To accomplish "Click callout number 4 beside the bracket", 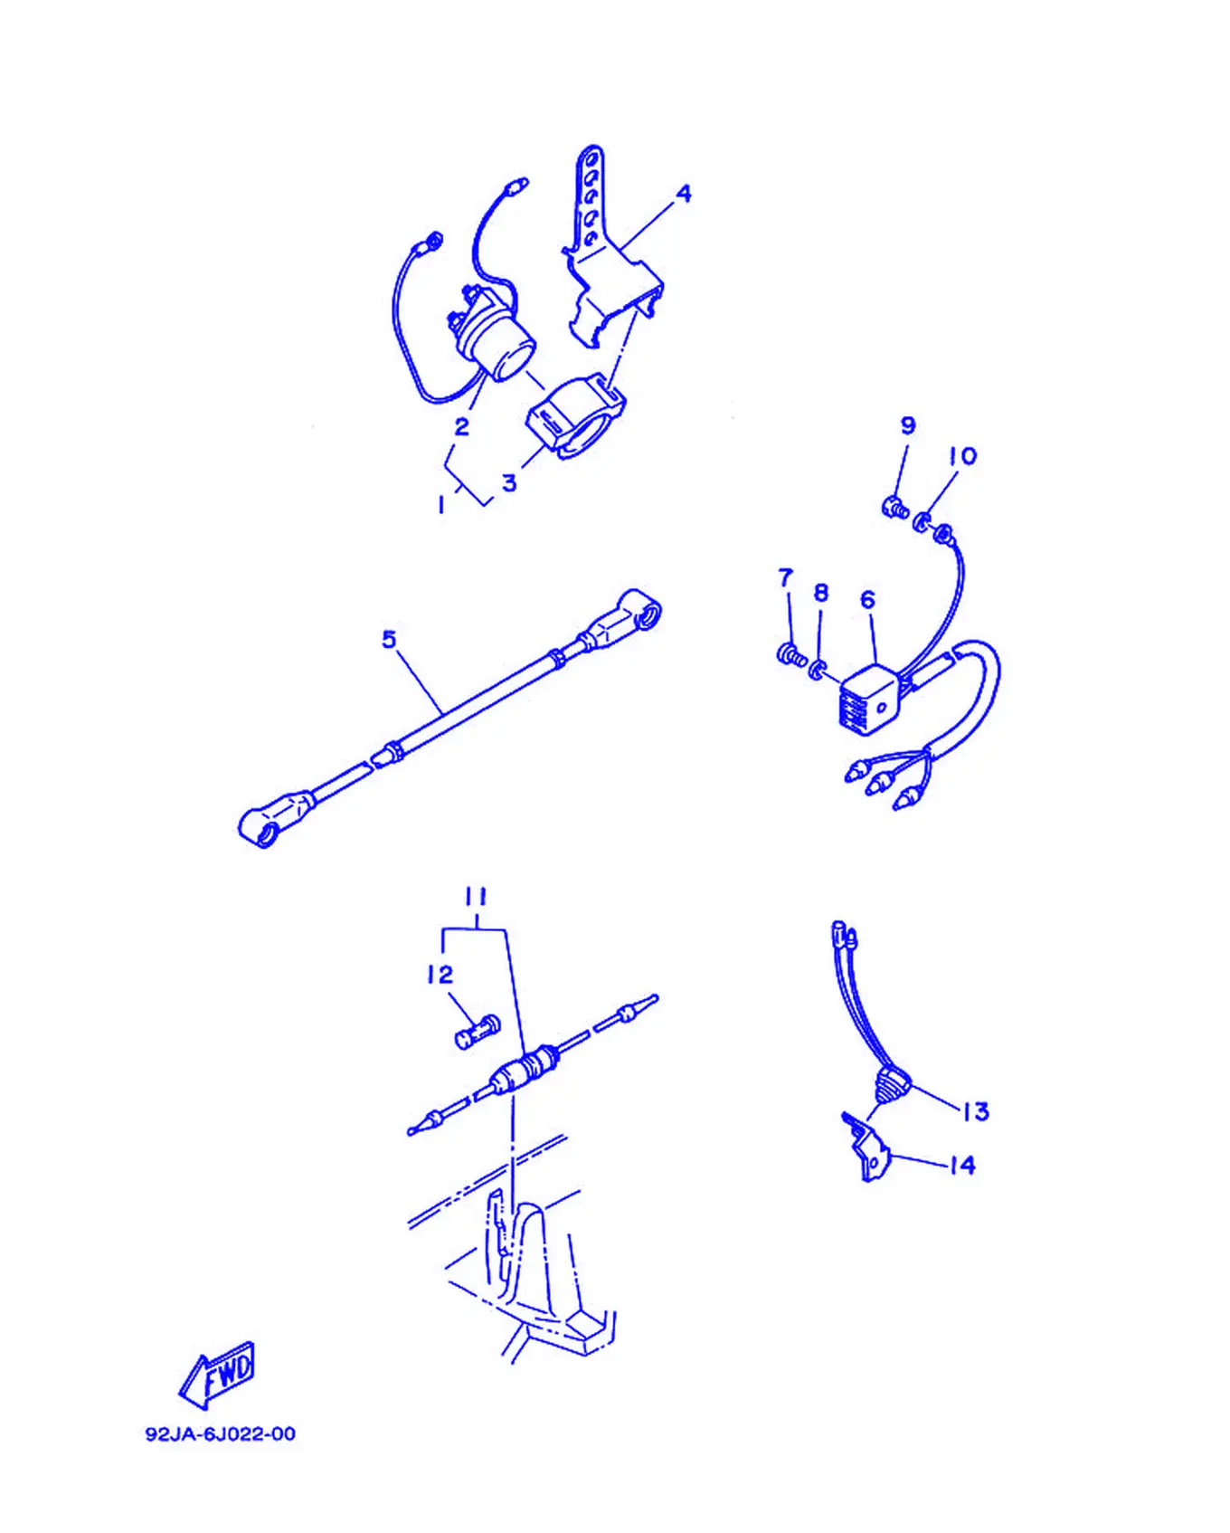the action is click(x=684, y=193).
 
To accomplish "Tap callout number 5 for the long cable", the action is click(x=389, y=639).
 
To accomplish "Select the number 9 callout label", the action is click(x=908, y=425).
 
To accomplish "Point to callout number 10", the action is click(x=963, y=456).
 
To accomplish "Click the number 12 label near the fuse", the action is click(x=440, y=975).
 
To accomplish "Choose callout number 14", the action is click(x=962, y=1165).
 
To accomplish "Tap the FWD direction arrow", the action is click(x=218, y=1375).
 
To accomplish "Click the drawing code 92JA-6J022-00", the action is click(x=221, y=1433).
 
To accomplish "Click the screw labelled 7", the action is click(x=791, y=654).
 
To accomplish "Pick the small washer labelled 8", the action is click(x=818, y=670).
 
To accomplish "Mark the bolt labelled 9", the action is click(x=894, y=507).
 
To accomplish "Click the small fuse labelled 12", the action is click(x=478, y=1032).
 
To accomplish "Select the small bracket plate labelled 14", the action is click(x=866, y=1147).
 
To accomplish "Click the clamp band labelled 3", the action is click(x=577, y=416).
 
